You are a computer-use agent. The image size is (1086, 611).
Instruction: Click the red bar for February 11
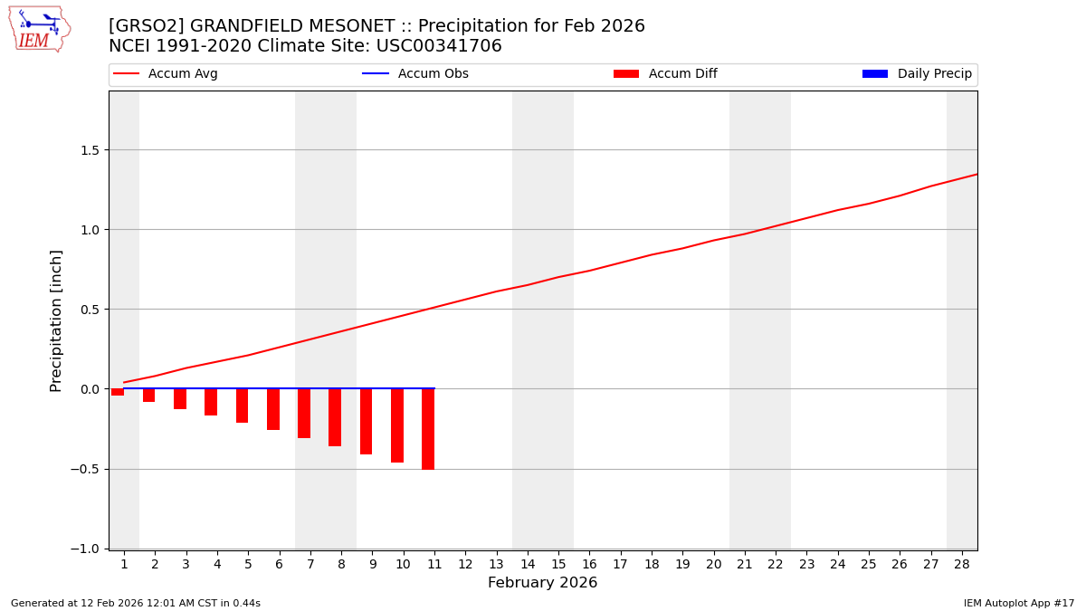[428, 429]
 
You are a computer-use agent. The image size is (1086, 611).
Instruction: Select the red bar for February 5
[242, 406]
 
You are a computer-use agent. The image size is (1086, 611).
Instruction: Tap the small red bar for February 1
[118, 392]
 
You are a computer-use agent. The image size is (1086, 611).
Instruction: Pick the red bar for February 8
[335, 417]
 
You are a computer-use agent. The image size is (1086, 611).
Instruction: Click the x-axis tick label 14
[527, 564]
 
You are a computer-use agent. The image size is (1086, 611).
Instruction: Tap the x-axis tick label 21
[744, 564]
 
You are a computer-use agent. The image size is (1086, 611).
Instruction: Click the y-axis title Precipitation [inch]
[56, 320]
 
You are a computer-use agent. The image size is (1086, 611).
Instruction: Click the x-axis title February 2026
[542, 583]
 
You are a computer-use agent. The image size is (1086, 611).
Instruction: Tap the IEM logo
[38, 29]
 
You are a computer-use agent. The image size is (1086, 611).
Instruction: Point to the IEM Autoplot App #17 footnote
[1018, 603]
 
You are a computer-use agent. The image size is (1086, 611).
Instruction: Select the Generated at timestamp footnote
[136, 603]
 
